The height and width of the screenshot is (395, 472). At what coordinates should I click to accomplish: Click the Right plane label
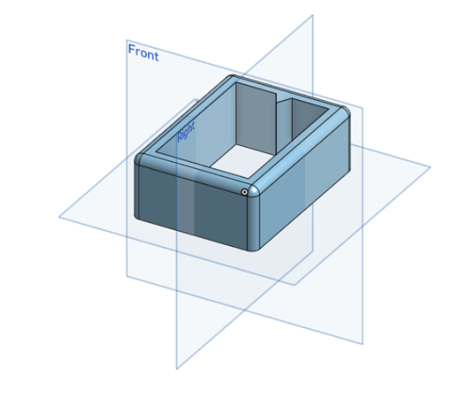(x=186, y=131)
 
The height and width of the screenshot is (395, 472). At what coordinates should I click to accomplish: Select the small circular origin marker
(x=245, y=191)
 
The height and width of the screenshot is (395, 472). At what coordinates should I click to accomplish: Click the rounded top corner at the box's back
(x=230, y=79)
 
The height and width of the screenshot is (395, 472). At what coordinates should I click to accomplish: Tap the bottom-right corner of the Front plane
(x=363, y=344)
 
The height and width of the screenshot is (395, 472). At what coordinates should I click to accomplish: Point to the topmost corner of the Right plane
(x=312, y=15)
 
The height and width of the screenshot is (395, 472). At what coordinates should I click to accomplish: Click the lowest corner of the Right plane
(x=176, y=368)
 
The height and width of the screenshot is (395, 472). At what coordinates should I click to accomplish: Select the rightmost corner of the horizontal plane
(x=430, y=167)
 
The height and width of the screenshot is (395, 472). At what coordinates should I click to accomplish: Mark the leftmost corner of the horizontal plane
(x=59, y=216)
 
